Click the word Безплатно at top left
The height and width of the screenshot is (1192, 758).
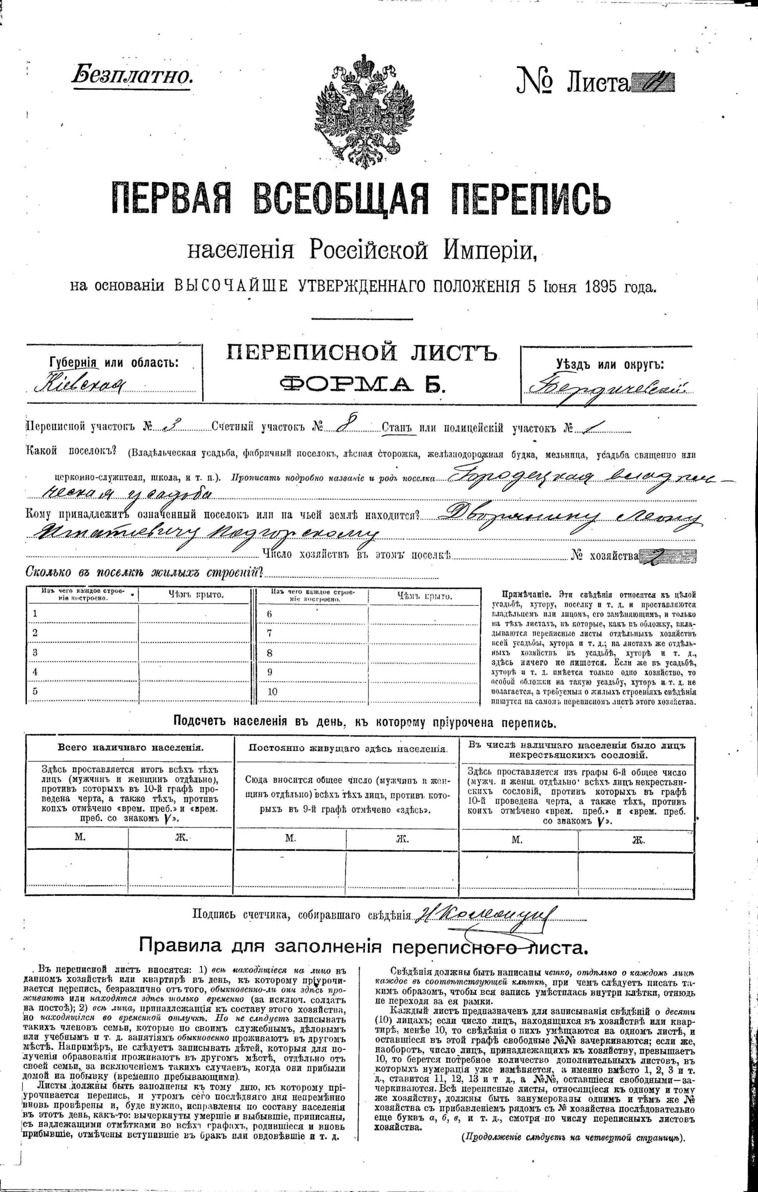(132, 75)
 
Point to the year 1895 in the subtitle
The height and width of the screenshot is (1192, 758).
(602, 287)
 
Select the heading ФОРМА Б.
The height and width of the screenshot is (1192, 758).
(361, 383)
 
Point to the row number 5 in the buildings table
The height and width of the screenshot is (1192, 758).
(35, 691)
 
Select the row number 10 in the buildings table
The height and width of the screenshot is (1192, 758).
(272, 691)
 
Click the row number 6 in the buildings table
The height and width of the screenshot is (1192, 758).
(270, 614)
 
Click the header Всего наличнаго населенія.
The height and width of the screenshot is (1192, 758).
(130, 748)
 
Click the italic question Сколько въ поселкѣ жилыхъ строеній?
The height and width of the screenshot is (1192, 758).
(144, 572)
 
